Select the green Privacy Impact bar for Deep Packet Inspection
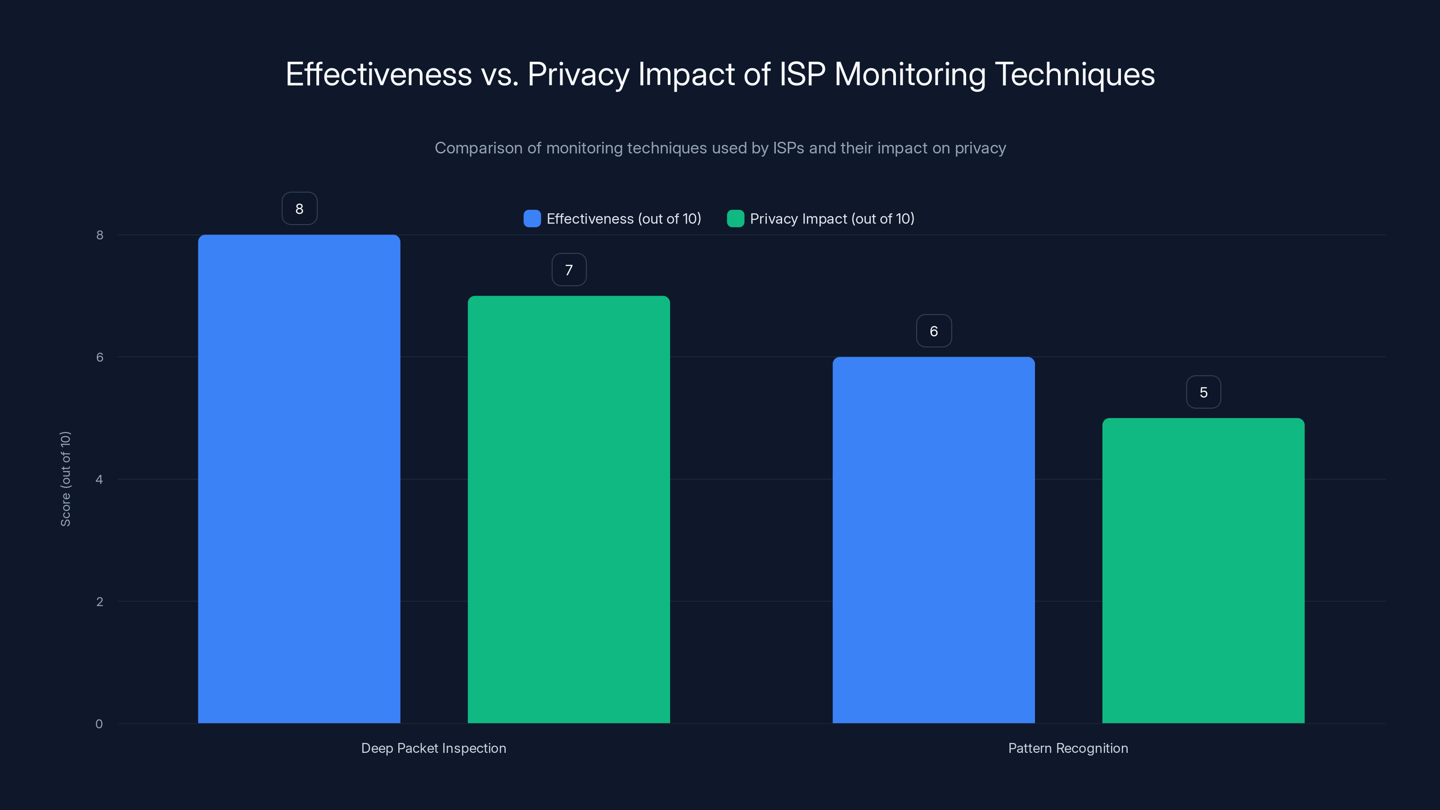pyautogui.click(x=568, y=509)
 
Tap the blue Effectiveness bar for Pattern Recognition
pyautogui.click(x=934, y=540)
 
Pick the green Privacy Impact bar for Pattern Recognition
pyautogui.click(x=1203, y=570)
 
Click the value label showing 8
pyautogui.click(x=300, y=208)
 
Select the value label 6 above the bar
pyautogui.click(x=934, y=331)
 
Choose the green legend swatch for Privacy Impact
pyautogui.click(x=735, y=219)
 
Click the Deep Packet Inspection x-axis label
pyautogui.click(x=434, y=748)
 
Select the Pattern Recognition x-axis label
pyautogui.click(x=1068, y=748)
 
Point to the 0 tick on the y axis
pyautogui.click(x=99, y=724)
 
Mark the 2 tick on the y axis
pyautogui.click(x=99, y=602)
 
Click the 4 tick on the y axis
pyautogui.click(x=99, y=480)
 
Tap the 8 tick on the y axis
pyautogui.click(x=99, y=235)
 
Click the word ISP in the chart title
pyautogui.click(x=802, y=74)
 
